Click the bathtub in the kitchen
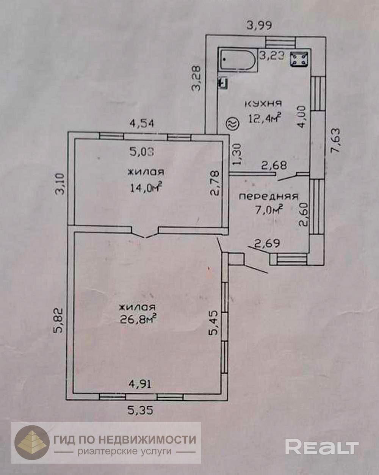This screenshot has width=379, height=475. pyautogui.click(x=238, y=60)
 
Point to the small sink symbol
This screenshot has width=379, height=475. pyautogui.click(x=223, y=83)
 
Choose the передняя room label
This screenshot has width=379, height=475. pyautogui.click(x=268, y=196)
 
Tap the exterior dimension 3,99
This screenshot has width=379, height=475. pyautogui.click(x=260, y=26)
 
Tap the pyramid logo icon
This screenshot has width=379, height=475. pyautogui.click(x=32, y=442)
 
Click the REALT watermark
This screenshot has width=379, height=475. pyautogui.click(x=322, y=447)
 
